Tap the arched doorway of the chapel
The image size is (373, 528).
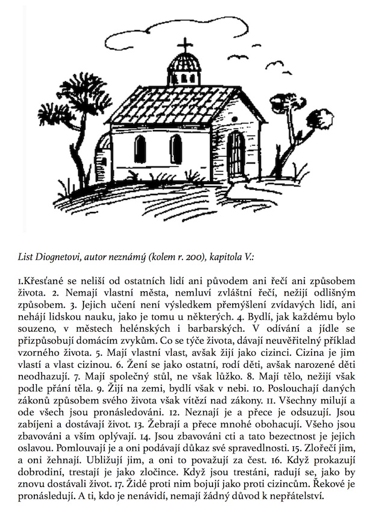click(x=236, y=156)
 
